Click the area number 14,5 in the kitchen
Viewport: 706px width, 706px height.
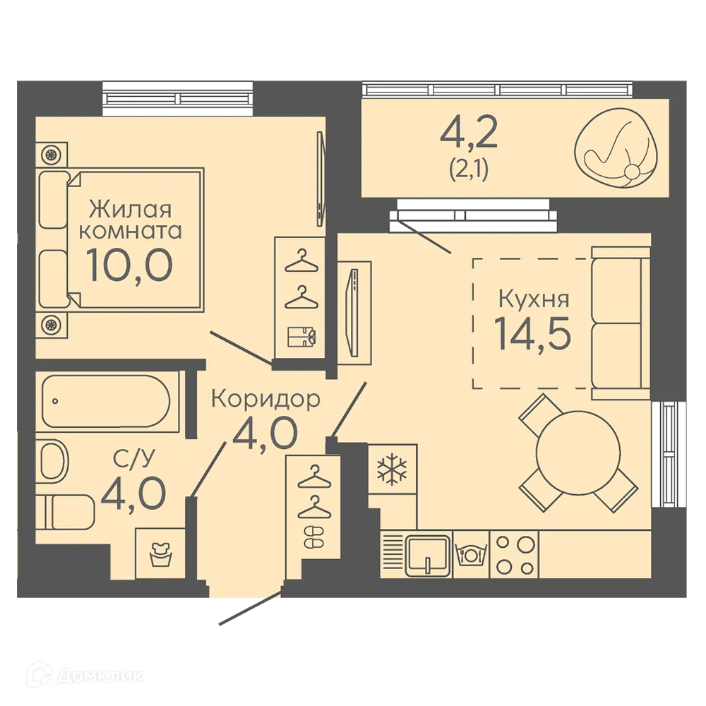point(532,334)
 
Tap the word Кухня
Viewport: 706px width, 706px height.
point(534,299)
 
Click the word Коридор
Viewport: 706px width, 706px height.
point(265,399)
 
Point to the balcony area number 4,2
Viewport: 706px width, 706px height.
point(469,133)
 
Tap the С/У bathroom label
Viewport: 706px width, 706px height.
point(133,458)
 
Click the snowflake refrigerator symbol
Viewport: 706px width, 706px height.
point(392,470)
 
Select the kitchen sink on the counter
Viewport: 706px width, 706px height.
point(428,556)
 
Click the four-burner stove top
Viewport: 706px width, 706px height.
point(514,555)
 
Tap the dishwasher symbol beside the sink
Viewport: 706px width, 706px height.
point(471,555)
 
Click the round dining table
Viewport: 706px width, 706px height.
point(578,453)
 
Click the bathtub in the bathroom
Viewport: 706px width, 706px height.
point(107,401)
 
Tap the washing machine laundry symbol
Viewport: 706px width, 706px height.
point(160,555)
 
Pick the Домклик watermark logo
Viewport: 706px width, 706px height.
point(85,676)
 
